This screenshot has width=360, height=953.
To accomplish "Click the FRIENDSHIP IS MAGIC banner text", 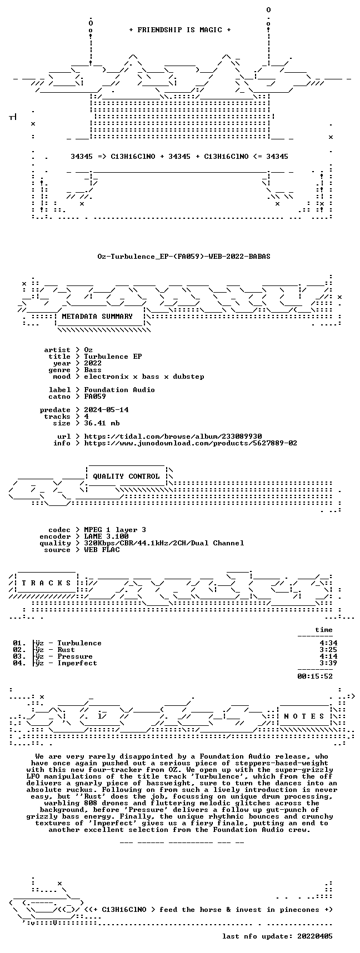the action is [x=180, y=30].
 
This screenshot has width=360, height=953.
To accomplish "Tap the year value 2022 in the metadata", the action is [x=93, y=363].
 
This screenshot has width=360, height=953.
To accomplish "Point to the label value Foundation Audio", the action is [x=119, y=390].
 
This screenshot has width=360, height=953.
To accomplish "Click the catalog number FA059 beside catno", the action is [x=95, y=397].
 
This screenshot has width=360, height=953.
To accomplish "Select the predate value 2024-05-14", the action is [x=106, y=410].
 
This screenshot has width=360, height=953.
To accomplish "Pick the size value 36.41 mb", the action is [x=102, y=423].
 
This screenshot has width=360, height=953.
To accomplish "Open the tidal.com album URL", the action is [x=173, y=437].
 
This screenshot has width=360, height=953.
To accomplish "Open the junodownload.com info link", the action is [x=191, y=443].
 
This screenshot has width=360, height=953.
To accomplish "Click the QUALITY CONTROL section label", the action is [x=126, y=476].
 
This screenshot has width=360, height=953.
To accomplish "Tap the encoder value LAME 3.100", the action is [x=106, y=536].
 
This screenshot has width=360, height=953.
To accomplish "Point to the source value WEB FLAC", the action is [x=102, y=550].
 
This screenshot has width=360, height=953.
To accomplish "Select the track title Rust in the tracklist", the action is [x=66, y=650].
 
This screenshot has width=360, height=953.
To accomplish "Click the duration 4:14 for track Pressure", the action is [x=328, y=656].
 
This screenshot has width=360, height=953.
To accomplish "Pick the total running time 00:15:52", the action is [x=315, y=676].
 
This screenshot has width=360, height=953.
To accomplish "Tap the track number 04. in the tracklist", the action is [x=19, y=663].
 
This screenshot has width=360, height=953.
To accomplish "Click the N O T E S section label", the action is [x=304, y=716].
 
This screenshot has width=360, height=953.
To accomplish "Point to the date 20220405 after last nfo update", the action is [x=315, y=936].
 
